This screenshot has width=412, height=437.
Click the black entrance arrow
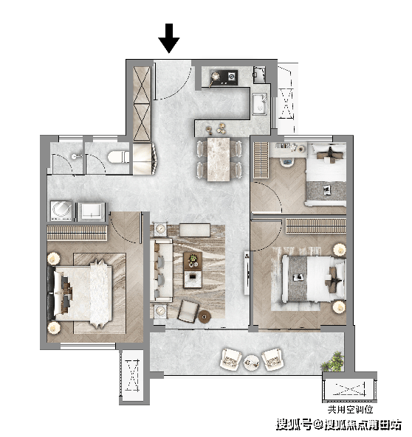click(x=168, y=38)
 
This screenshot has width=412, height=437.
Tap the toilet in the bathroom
click(x=119, y=157)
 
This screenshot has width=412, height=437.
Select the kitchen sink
click(x=260, y=104)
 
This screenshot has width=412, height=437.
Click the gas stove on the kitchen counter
click(x=224, y=77)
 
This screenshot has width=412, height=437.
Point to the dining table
click(x=219, y=159)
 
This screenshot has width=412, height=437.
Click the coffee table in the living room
click(x=193, y=270)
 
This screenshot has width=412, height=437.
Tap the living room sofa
click(x=162, y=270)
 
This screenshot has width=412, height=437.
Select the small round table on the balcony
click(x=251, y=363)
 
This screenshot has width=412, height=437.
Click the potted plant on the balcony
click(x=332, y=362)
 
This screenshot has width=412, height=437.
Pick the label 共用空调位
click(x=350, y=410)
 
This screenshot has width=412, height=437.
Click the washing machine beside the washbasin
click(x=61, y=211)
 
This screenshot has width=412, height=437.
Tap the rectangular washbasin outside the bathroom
click(x=92, y=211)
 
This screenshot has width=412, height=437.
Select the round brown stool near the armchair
click(x=205, y=317)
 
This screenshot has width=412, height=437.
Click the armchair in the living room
click(x=188, y=311)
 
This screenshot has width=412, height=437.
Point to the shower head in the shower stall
click(x=75, y=157)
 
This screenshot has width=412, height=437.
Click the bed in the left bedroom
click(x=83, y=293)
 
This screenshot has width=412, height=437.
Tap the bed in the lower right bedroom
click(x=313, y=279)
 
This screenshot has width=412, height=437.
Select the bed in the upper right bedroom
click(x=326, y=175)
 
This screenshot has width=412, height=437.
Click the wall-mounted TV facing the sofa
click(x=247, y=273)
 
